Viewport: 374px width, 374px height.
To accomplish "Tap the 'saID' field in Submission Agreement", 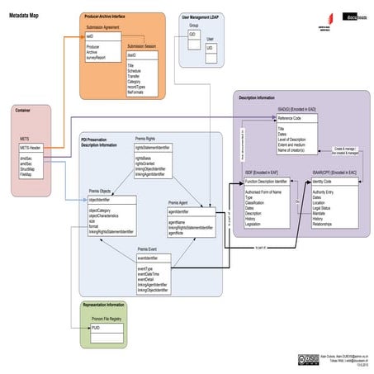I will point(90,37).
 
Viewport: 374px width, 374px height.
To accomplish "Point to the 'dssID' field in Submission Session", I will point(131,54).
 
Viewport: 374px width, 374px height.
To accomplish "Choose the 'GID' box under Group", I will point(192,36).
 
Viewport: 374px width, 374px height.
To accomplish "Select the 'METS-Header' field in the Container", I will point(31,147).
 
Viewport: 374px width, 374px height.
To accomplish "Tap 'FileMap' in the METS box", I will point(26,174).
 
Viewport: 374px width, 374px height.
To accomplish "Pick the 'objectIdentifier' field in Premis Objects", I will point(99,200).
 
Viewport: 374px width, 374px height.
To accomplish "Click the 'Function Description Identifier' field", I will point(267,180).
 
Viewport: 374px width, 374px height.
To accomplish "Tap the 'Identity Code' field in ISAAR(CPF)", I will point(322,180).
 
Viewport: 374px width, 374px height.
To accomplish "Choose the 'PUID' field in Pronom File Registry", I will point(96,328).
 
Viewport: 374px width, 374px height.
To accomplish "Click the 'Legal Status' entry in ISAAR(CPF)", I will point(324,207).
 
